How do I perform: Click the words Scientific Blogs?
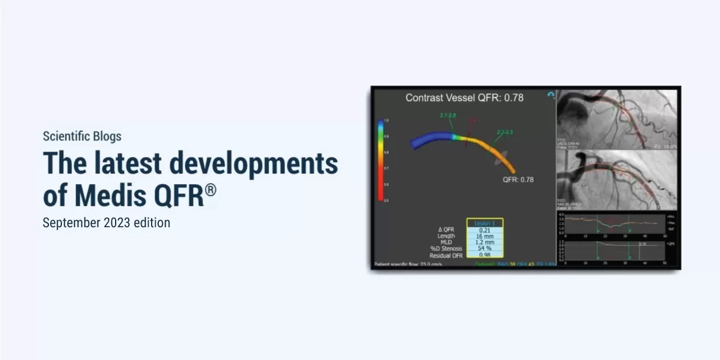[82, 136]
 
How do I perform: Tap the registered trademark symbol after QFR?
[211, 190]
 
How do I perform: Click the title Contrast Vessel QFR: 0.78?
[464, 98]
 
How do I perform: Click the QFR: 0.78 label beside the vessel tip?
[518, 179]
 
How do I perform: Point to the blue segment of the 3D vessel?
[431, 141]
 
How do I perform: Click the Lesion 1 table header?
[485, 223]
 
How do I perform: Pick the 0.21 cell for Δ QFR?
[485, 230]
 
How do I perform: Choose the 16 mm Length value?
[485, 236]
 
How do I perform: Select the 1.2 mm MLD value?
[485, 243]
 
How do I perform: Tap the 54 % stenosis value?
[485, 248]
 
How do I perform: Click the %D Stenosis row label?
[446, 248]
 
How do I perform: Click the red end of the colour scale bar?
[381, 195]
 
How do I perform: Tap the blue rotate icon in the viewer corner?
[551, 94]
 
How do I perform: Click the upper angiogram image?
[617, 117]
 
